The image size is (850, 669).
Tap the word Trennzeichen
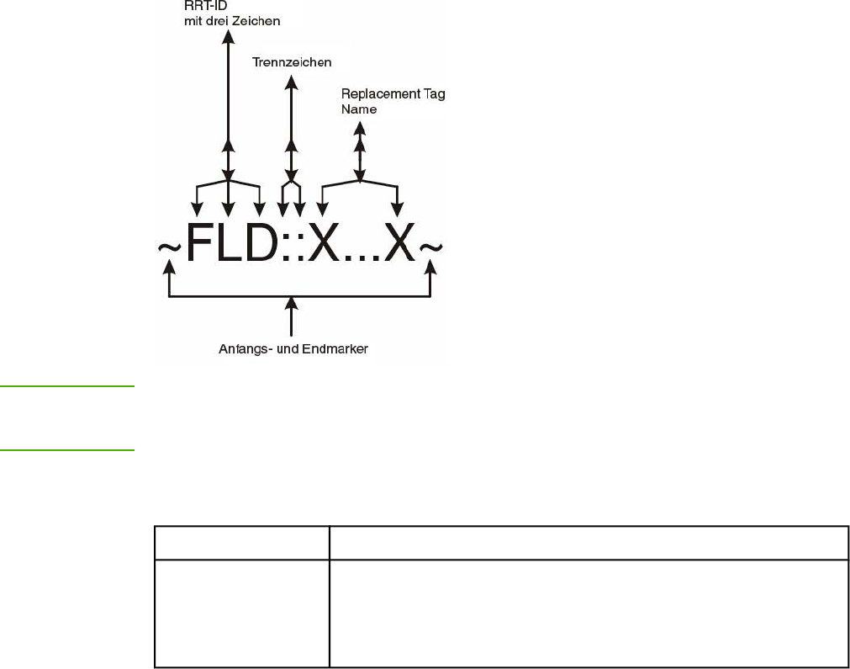click(291, 62)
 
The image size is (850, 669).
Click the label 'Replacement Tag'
click(393, 94)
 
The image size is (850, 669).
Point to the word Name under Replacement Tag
click(359, 109)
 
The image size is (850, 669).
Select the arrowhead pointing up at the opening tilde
click(170, 267)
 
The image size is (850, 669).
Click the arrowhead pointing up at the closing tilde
click(432, 267)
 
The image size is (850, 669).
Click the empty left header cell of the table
click(241, 543)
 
